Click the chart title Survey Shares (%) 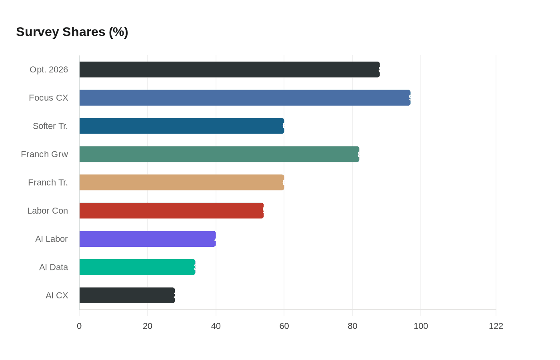click(72, 32)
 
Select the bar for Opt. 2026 click(229, 70)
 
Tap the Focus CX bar click(245, 98)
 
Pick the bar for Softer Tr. click(182, 126)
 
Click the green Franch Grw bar click(219, 154)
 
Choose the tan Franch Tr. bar click(182, 182)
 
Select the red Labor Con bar click(171, 211)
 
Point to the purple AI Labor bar click(148, 239)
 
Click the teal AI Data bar click(137, 267)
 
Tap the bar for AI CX click(127, 295)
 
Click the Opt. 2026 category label click(49, 70)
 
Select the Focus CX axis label click(48, 98)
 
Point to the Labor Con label click(48, 211)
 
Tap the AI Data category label click(54, 267)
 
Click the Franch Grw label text click(44, 154)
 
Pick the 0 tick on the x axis click(79, 326)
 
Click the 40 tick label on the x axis click(216, 326)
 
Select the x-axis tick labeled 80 click(352, 326)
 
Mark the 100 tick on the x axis click(421, 326)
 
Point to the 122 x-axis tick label click(496, 326)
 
